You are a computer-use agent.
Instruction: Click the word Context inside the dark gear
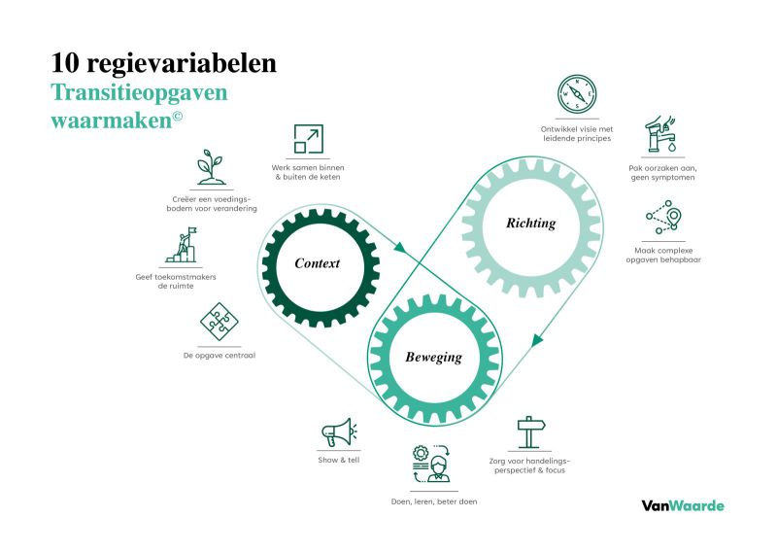[318, 263]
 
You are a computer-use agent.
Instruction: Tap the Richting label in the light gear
[530, 224]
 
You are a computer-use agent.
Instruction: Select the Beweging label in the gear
[433, 357]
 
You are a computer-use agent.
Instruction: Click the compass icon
[577, 94]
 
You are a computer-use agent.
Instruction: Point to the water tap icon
[661, 134]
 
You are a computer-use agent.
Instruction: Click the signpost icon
[530, 431]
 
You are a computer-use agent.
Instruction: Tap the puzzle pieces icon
[220, 322]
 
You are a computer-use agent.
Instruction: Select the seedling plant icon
[211, 167]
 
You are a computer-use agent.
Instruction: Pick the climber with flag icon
[182, 245]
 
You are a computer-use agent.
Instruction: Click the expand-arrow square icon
[308, 139]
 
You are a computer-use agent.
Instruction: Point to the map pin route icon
[663, 218]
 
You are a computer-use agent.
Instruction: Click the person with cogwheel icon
[431, 465]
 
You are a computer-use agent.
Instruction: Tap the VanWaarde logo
[683, 506]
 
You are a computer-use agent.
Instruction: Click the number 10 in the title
[65, 63]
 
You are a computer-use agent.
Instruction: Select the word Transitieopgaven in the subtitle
[139, 93]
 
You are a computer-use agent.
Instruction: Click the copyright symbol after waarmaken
[178, 116]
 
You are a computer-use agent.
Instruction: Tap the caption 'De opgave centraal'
[220, 355]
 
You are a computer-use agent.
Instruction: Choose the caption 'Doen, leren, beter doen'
[434, 501]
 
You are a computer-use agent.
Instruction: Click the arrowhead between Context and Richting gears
[400, 247]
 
